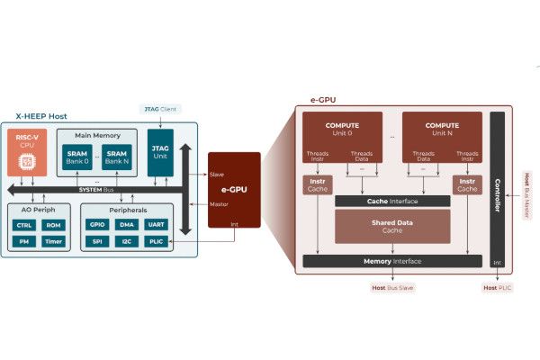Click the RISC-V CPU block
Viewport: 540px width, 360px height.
point(26,152)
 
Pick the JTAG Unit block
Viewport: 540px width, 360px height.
point(160,152)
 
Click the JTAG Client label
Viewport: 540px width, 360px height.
point(161,109)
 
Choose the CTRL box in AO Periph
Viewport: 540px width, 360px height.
point(24,224)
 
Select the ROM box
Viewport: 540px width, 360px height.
point(53,224)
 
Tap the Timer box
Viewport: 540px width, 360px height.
point(53,241)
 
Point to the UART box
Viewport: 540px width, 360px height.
point(156,224)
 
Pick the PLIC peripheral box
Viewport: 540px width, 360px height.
point(156,241)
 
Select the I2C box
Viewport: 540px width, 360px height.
point(127,241)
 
